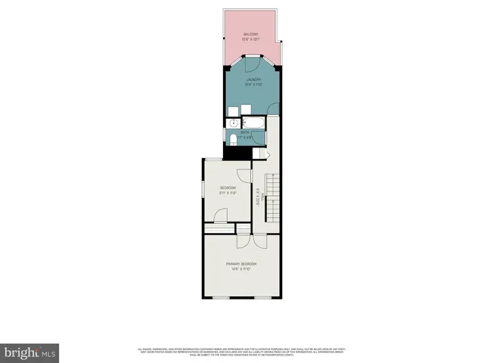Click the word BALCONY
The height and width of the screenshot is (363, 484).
[251, 34]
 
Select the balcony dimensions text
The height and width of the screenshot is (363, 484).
[251, 39]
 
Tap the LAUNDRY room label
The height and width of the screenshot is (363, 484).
[253, 79]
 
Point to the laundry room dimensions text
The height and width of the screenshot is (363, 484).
[253, 85]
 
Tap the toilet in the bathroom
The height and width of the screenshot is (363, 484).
[233, 138]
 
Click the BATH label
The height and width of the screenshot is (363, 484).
[246, 132]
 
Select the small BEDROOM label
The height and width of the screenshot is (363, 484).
[228, 188]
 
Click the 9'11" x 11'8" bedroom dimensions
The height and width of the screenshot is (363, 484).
[228, 194]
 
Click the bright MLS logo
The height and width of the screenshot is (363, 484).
[30, 352]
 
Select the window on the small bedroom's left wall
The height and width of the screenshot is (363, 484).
[201, 189]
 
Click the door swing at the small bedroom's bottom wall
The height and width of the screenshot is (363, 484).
[221, 216]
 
